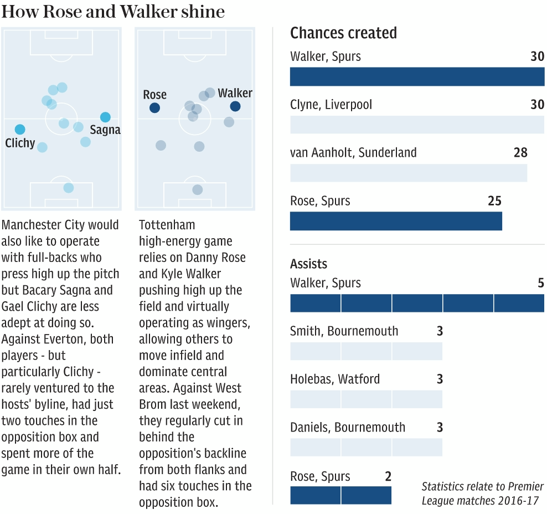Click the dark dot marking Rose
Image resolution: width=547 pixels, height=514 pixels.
pyautogui.click(x=154, y=108)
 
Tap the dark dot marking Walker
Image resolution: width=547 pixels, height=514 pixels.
pyautogui.click(x=235, y=106)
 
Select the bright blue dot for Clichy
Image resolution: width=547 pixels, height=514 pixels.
pyautogui.click(x=20, y=130)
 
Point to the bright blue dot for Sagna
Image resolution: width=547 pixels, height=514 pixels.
pyautogui.click(x=105, y=117)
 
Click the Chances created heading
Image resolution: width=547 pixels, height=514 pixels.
pyautogui.click(x=343, y=33)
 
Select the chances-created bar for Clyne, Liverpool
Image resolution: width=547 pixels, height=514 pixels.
pyautogui.click(x=417, y=125)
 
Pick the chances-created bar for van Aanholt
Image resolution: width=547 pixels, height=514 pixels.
pyautogui.click(x=409, y=173)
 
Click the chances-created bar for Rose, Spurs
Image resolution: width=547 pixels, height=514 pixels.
pyautogui.click(x=396, y=221)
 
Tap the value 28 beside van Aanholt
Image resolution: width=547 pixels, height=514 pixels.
pyautogui.click(x=520, y=152)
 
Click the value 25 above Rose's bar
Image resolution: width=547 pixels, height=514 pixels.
pyautogui.click(x=494, y=201)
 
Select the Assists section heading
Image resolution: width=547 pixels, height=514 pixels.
pyautogui.click(x=308, y=264)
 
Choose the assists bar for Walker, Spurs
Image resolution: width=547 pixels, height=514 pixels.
pyautogui.click(x=417, y=303)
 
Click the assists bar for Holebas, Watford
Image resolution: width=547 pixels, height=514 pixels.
pyautogui.click(x=366, y=399)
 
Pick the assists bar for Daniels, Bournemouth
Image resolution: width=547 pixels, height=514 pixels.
pyautogui.click(x=366, y=447)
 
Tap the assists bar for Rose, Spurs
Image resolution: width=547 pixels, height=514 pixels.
pyautogui.click(x=340, y=495)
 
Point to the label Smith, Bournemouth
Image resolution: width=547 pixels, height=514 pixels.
pyautogui.click(x=344, y=331)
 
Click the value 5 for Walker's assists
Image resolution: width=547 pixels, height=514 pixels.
pyautogui.click(x=541, y=283)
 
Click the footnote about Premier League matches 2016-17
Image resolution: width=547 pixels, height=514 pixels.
pyautogui.click(x=482, y=494)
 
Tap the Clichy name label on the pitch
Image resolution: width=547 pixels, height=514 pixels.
pyautogui.click(x=20, y=143)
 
